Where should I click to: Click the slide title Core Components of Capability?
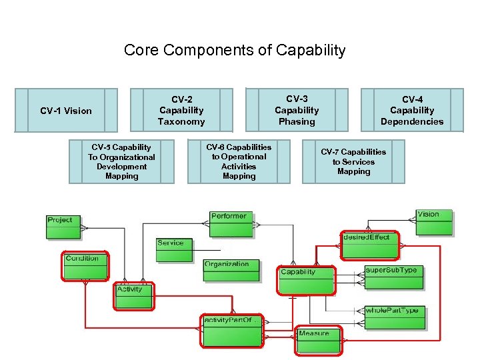click(235, 50)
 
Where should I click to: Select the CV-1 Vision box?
click(65, 111)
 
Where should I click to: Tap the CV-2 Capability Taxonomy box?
click(181, 111)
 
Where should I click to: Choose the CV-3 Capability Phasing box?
click(297, 110)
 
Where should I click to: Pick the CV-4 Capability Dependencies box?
click(412, 111)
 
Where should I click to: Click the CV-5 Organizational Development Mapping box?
click(121, 161)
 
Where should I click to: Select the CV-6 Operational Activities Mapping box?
click(239, 161)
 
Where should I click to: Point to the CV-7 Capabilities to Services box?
click(353, 161)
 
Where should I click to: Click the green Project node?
click(63, 227)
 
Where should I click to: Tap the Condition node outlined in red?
click(85, 266)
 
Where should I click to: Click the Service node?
click(174, 251)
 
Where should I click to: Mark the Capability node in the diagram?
click(306, 279)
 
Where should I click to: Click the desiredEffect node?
click(369, 245)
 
